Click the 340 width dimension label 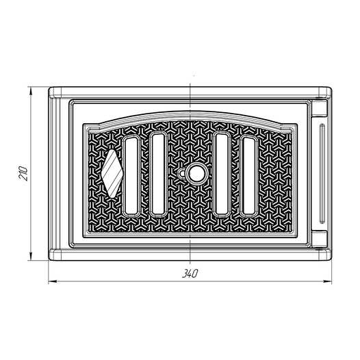click(x=190, y=274)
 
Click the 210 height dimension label click(x=23, y=174)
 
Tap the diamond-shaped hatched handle click(x=112, y=174)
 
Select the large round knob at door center click(x=196, y=174)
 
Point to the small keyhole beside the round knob click(x=182, y=174)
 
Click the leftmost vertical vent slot click(x=131, y=176)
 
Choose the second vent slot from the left click(x=158, y=174)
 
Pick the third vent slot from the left click(x=222, y=174)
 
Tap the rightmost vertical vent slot click(x=249, y=176)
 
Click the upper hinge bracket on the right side click(x=320, y=107)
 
